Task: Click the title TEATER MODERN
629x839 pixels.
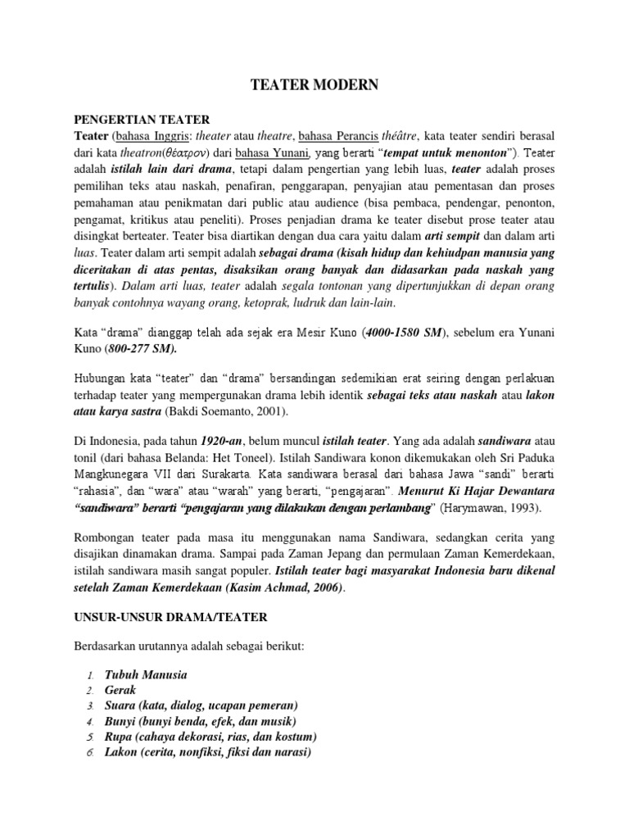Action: tap(314, 84)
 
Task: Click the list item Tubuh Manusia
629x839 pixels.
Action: tap(146, 674)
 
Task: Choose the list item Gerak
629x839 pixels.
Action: tap(120, 690)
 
